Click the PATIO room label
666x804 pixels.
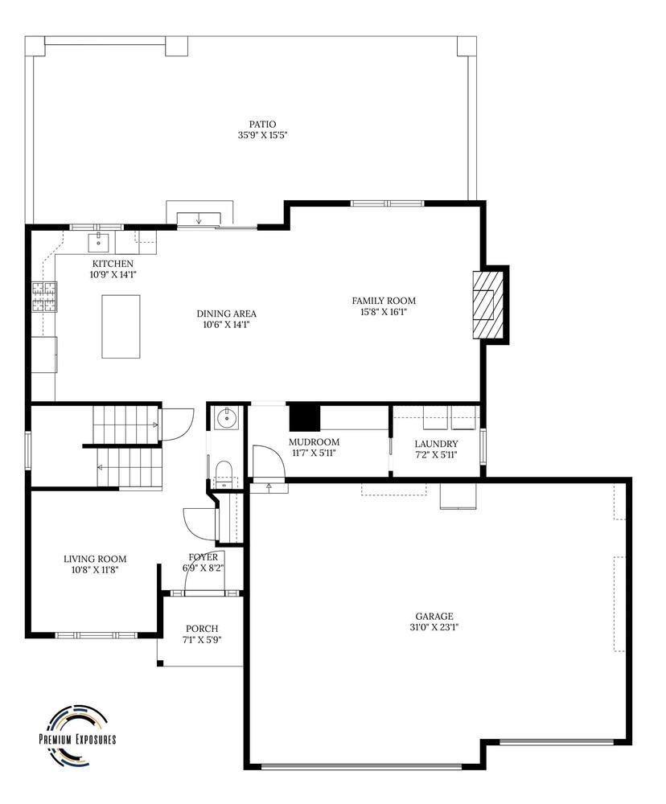(262, 124)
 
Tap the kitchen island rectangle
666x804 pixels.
(121, 326)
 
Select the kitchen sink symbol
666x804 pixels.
(102, 240)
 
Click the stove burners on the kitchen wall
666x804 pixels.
(44, 297)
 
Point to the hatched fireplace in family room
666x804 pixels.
(487, 305)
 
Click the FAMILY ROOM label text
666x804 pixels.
(384, 301)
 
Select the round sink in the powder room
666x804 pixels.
(228, 417)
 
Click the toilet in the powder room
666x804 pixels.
(224, 471)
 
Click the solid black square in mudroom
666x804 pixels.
(305, 418)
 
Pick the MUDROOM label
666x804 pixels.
(314, 442)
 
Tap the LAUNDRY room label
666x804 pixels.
(436, 444)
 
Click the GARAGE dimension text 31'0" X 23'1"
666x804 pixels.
(434, 627)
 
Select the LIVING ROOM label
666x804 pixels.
(95, 559)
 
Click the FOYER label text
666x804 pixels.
(203, 557)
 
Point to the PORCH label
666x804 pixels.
(201, 629)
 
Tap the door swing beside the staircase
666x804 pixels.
(177, 425)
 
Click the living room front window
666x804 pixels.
(97, 635)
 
